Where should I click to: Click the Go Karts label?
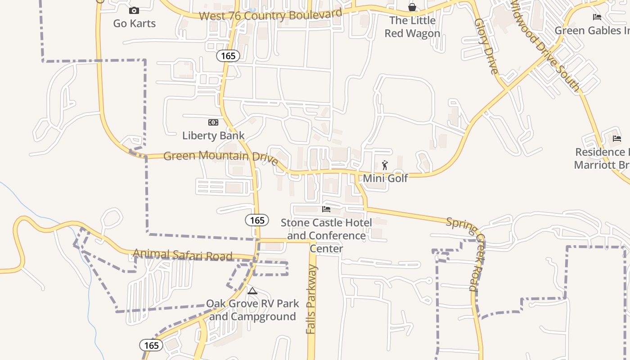134,23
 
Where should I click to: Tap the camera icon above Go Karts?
134,10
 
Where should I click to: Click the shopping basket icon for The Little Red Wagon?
412,7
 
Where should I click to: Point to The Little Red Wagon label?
412,27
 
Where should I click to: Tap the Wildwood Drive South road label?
544,45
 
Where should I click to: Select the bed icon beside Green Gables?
597,17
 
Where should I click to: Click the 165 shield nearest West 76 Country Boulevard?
228,56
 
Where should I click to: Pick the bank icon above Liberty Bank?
213,122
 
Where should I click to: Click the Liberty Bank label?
213,135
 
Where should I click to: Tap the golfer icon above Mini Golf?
385,165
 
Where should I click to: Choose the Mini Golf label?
385,178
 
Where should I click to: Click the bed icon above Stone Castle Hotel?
326,209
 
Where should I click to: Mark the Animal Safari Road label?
183,255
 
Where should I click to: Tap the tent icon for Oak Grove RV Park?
252,291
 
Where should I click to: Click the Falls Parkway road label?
311,299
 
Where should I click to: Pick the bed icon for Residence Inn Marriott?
616,139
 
